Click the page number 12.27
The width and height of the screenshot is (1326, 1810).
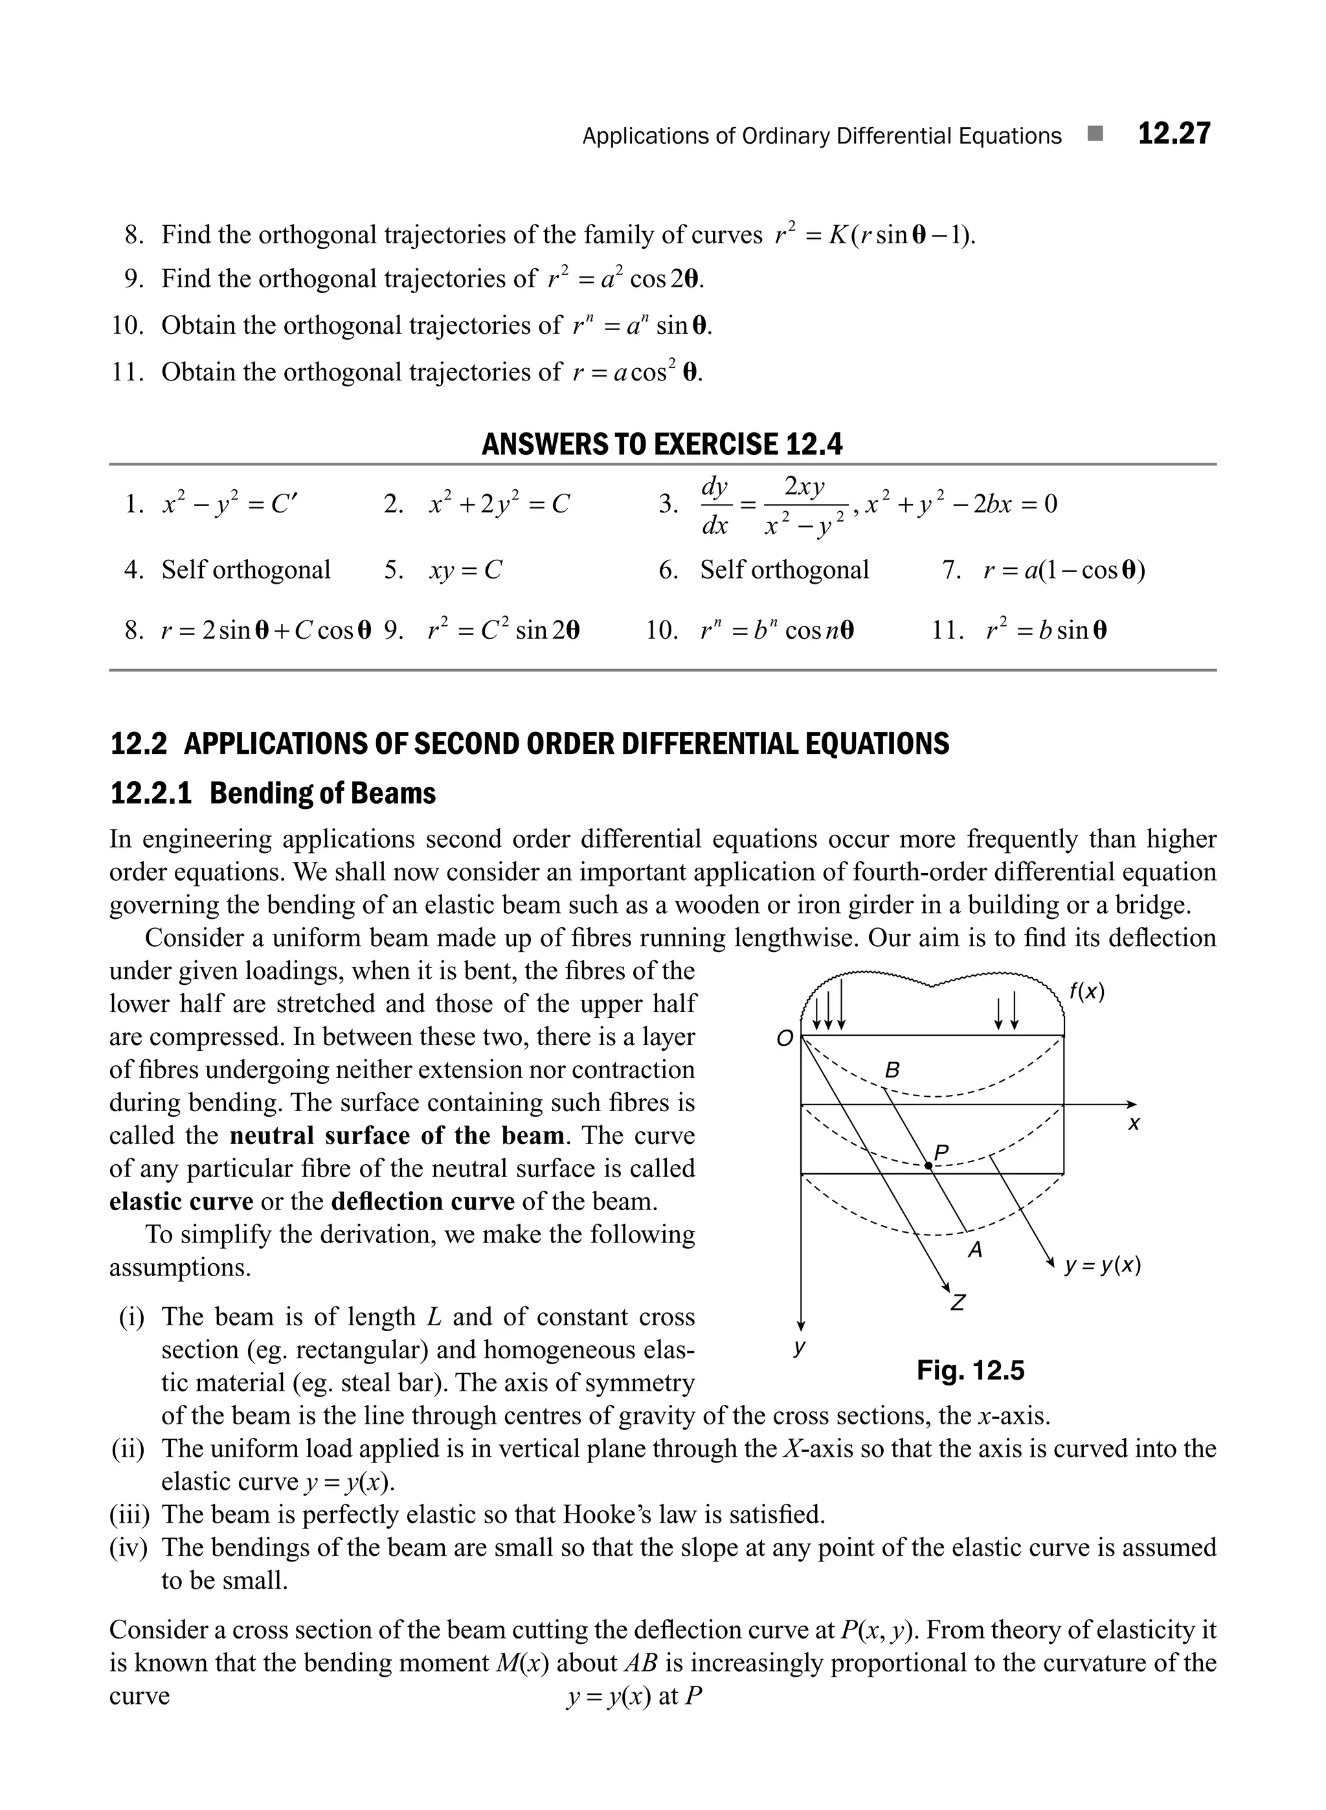click(x=1173, y=134)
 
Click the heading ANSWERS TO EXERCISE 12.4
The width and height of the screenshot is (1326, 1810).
click(x=662, y=444)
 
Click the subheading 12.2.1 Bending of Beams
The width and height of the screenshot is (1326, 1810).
click(x=273, y=793)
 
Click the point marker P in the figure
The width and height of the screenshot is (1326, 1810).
click(x=928, y=1165)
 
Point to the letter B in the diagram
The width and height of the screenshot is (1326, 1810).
click(x=892, y=1070)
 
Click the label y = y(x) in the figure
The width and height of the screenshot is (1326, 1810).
click(x=1102, y=1265)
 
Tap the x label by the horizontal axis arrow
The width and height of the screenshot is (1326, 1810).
click(x=1133, y=1124)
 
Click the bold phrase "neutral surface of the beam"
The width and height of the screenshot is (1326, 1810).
click(x=396, y=1135)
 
